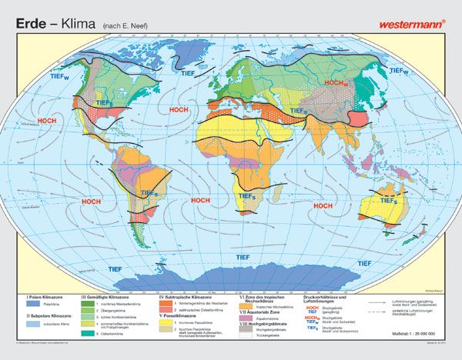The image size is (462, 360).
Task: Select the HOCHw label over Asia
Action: click(x=336, y=83)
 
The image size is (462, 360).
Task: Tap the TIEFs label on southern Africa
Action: click(x=248, y=197)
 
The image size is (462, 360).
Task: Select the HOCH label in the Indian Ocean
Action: click(x=323, y=205)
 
